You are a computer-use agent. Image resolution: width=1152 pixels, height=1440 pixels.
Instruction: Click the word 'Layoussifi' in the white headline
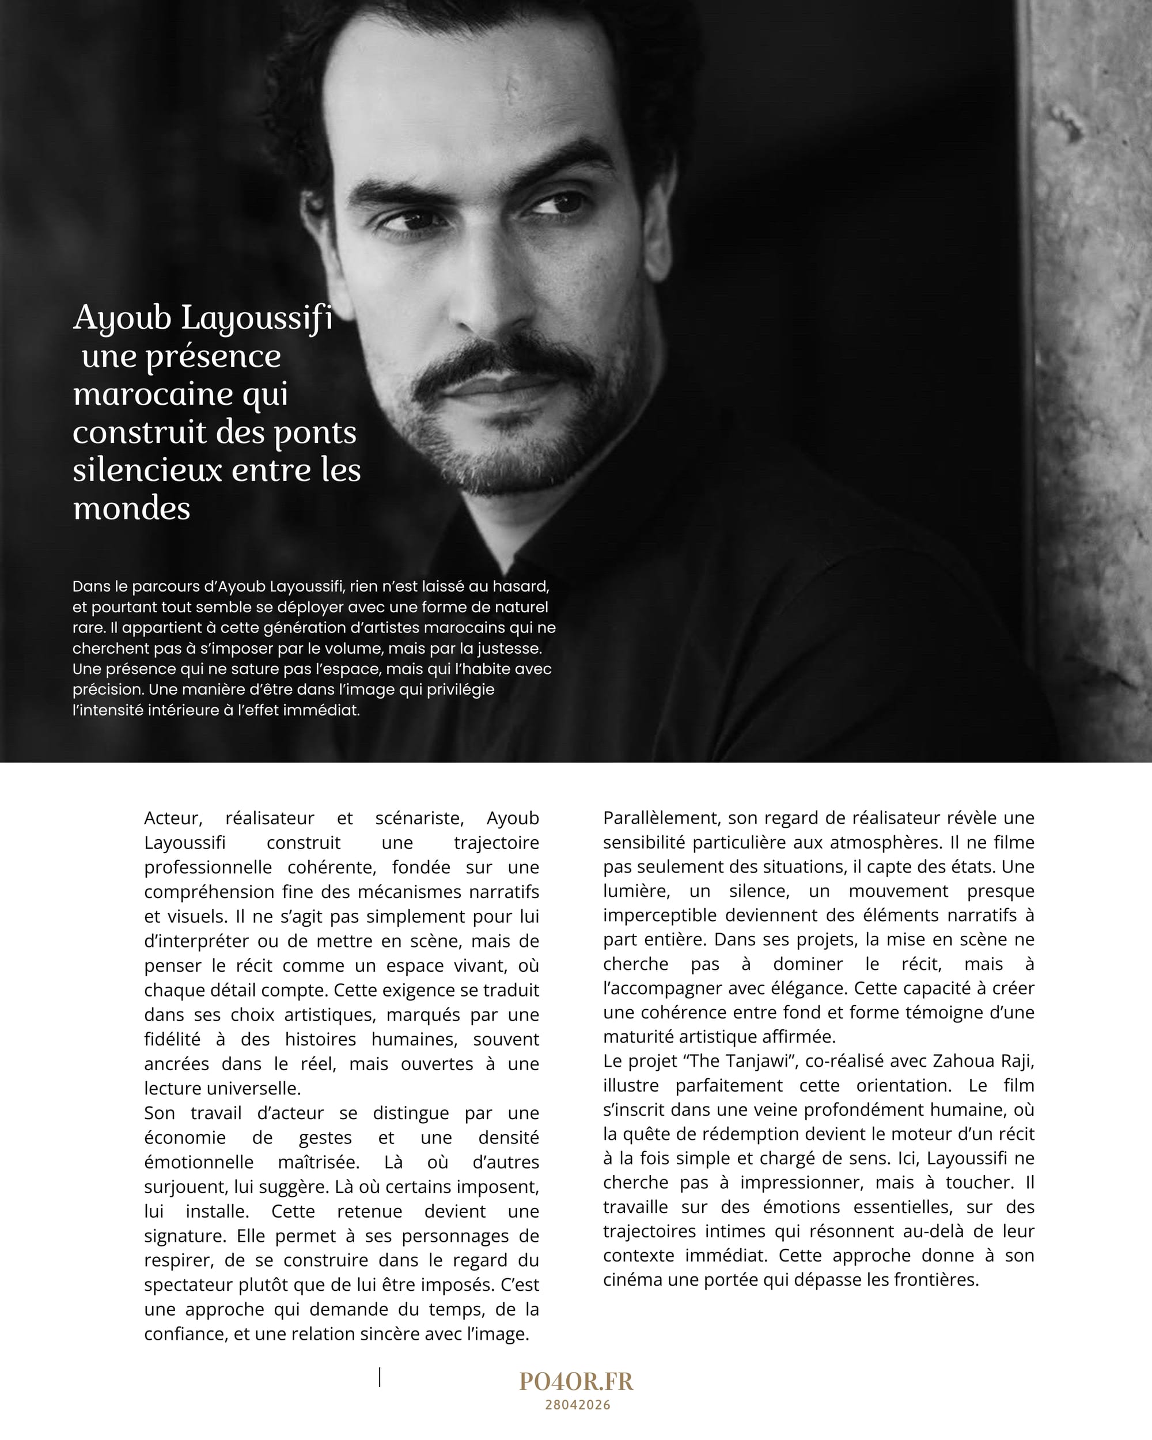[x=257, y=319]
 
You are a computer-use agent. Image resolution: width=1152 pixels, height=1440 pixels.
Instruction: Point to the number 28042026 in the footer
[x=578, y=1405]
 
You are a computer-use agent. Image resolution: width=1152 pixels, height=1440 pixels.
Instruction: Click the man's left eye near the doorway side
[x=556, y=204]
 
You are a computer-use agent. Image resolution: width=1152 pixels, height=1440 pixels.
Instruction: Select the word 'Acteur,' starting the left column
[x=173, y=818]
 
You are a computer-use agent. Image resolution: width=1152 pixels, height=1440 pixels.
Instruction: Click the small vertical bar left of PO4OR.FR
[x=380, y=1377]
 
